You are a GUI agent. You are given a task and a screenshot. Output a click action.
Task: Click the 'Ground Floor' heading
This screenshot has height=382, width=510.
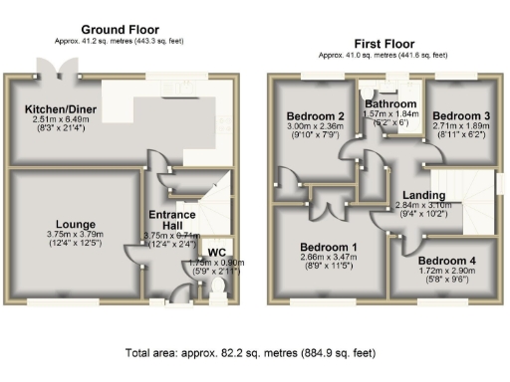pos(120,30)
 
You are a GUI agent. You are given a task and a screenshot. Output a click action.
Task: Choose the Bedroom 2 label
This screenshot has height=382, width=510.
pos(317,115)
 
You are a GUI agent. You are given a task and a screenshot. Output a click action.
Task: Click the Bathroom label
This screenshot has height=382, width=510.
pos(390,103)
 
